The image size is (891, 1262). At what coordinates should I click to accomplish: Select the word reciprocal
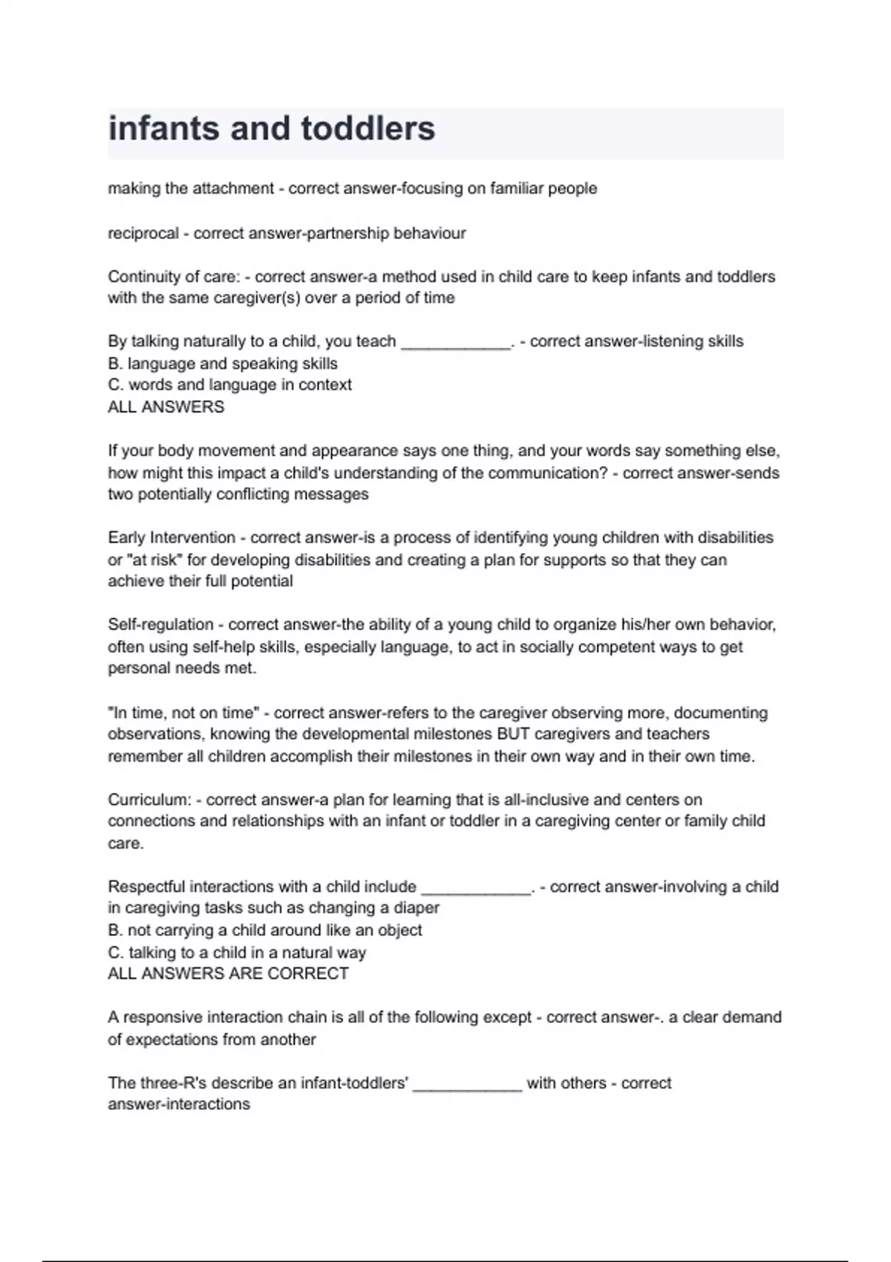point(143,233)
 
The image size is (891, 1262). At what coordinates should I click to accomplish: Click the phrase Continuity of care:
point(174,277)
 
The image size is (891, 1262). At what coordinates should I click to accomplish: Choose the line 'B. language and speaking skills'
point(223,364)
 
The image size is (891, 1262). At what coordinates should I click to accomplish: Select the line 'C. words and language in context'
point(229,385)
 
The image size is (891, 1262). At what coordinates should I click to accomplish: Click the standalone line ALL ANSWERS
point(166,407)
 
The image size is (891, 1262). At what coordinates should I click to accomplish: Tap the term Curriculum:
point(149,800)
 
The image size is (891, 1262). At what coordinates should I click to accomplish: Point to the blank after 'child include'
point(476,888)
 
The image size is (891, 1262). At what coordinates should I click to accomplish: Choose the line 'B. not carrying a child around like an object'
point(264,930)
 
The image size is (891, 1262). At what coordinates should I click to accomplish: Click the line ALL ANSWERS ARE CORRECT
point(228,973)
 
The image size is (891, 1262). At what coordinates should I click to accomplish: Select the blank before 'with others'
point(467,1085)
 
